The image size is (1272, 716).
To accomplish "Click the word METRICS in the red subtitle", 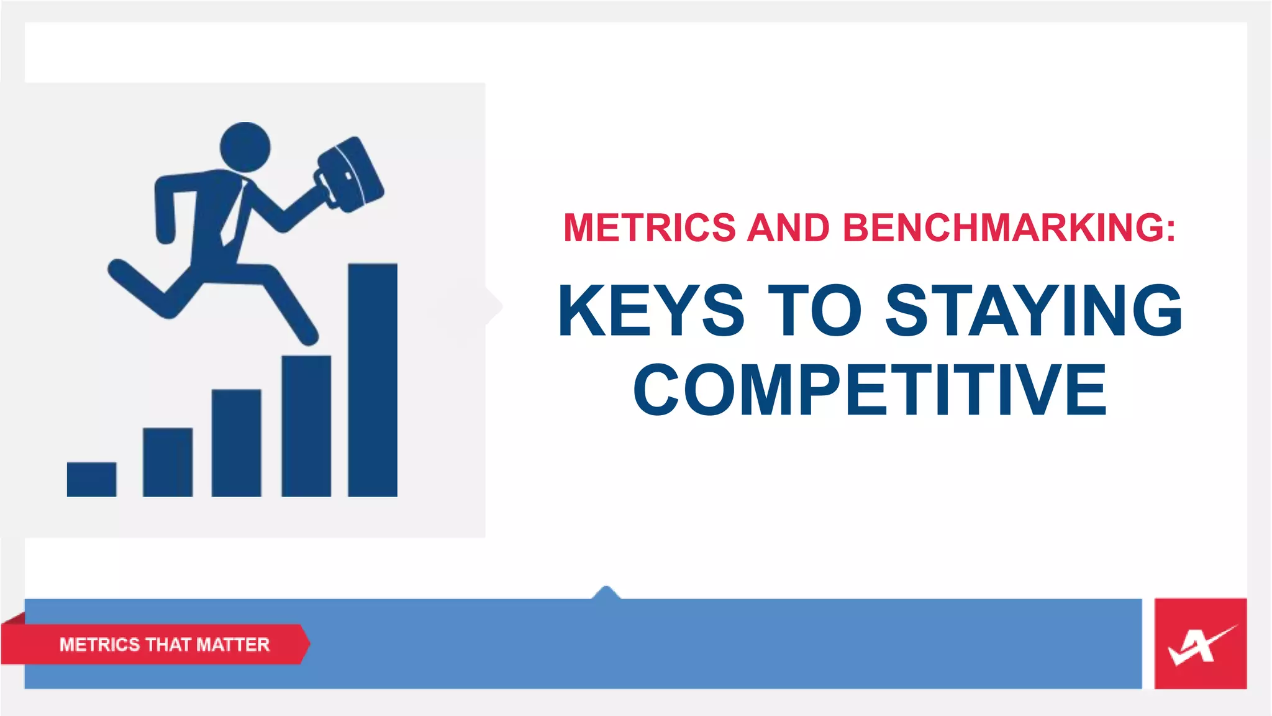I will pyautogui.click(x=650, y=227).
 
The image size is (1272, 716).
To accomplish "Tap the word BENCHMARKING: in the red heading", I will pyautogui.click(x=1009, y=227).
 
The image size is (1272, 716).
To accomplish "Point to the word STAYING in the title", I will pyautogui.click(x=1033, y=310).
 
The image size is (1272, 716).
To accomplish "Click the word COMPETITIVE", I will pyautogui.click(x=870, y=390).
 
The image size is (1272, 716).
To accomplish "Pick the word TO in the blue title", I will pyautogui.click(x=814, y=310).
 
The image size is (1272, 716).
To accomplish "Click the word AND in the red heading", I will pyautogui.click(x=788, y=227).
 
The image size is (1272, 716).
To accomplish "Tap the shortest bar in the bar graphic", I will pyautogui.click(x=91, y=479).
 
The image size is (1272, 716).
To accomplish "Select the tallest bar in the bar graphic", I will pyautogui.click(x=373, y=380).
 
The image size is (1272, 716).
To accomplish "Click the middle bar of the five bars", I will pyautogui.click(x=236, y=443).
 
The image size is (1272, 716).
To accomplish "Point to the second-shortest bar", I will pyautogui.click(x=168, y=462).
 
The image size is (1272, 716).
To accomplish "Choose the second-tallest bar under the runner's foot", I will pyautogui.click(x=306, y=426).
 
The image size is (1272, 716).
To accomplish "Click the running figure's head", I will pyautogui.click(x=245, y=147).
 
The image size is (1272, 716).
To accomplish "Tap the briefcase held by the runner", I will pyautogui.click(x=349, y=175).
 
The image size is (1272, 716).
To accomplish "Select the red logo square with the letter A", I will pyautogui.click(x=1200, y=644).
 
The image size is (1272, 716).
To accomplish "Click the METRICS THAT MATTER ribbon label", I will pyautogui.click(x=164, y=645).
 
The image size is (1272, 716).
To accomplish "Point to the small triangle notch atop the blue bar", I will pyautogui.click(x=606, y=592).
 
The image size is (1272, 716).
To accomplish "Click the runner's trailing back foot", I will pyautogui.click(x=118, y=268).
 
